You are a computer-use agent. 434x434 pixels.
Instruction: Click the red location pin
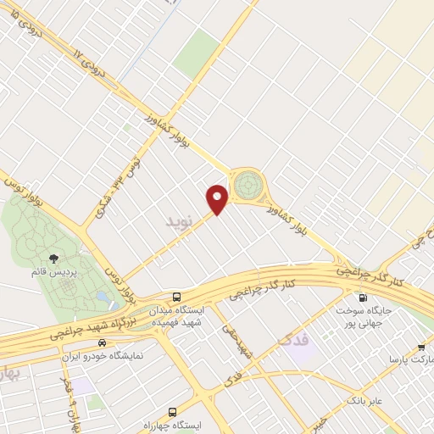point(218,198)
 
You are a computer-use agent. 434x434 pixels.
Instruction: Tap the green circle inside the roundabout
point(248,184)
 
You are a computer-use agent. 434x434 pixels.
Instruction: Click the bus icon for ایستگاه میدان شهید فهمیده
point(176,297)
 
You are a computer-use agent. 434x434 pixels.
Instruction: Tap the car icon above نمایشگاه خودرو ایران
point(103,342)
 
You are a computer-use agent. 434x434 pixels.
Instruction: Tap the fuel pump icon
point(363,298)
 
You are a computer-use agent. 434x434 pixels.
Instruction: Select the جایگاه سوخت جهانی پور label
point(364,318)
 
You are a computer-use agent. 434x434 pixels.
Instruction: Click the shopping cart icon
point(422,348)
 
